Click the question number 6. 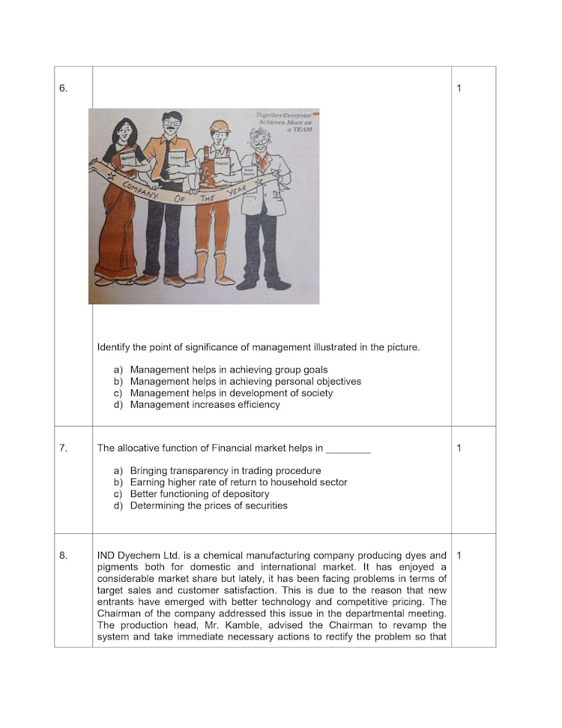click(x=63, y=88)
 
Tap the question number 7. click(x=63, y=448)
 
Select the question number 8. click(x=63, y=556)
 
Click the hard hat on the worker click(x=220, y=125)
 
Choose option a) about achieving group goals click(x=229, y=370)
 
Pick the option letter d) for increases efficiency click(x=118, y=405)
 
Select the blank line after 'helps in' click(x=348, y=449)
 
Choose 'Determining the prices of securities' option click(x=208, y=506)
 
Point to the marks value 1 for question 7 click(x=459, y=448)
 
